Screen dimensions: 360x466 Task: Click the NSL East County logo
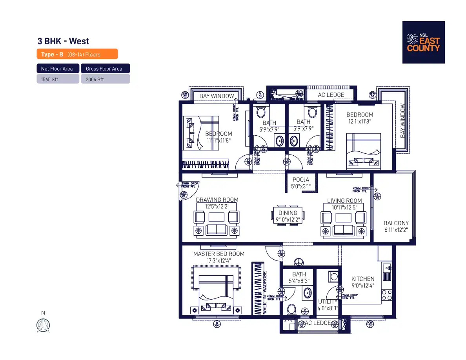point(423,42)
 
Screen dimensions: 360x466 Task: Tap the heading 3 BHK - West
point(63,41)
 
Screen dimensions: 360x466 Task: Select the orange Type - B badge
point(77,54)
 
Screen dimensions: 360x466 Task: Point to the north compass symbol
point(43,325)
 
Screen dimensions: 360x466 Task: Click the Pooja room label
point(301,183)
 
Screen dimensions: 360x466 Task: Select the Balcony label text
point(396,223)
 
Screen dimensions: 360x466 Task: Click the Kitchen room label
point(362,279)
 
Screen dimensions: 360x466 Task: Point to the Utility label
point(328,302)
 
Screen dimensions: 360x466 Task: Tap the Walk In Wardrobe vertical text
point(265,292)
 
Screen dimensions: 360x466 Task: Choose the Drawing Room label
point(217,200)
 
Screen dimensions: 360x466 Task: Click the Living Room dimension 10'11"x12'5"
point(345,207)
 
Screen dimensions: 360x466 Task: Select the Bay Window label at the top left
point(217,96)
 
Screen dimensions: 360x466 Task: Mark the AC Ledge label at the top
point(331,95)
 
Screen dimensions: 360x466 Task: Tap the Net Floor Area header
point(57,69)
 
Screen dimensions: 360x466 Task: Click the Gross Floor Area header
point(104,69)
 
